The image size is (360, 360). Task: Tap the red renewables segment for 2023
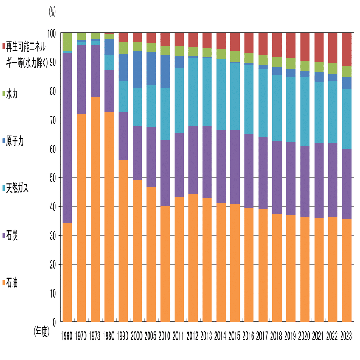(x=347, y=49)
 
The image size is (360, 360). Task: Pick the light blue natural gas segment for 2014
(x=221, y=95)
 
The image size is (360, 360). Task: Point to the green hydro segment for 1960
(x=67, y=42)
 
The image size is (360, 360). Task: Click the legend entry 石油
(x=12, y=283)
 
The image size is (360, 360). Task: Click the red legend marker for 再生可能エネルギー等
(x=3, y=45)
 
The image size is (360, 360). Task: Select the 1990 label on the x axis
(x=123, y=336)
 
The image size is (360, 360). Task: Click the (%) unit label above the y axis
(x=52, y=12)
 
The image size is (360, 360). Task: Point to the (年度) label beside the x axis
(x=42, y=332)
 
